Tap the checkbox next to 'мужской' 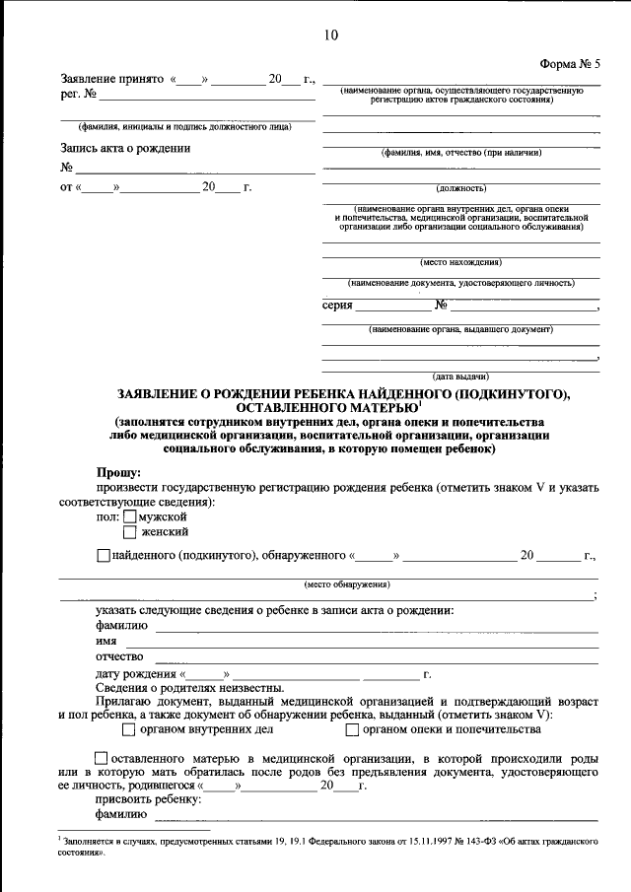click(x=130, y=516)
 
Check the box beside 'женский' click(x=130, y=532)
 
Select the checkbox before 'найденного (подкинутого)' click(x=105, y=556)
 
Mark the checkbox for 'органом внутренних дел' click(x=129, y=730)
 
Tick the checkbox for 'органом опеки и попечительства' click(x=352, y=730)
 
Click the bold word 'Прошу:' click(x=118, y=473)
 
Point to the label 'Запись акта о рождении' click(x=125, y=149)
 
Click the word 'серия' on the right click(x=337, y=306)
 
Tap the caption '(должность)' click(x=460, y=187)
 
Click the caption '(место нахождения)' click(x=460, y=262)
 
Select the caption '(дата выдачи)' click(x=460, y=377)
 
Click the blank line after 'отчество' click(x=375, y=657)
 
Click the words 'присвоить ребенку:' click(x=148, y=799)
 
